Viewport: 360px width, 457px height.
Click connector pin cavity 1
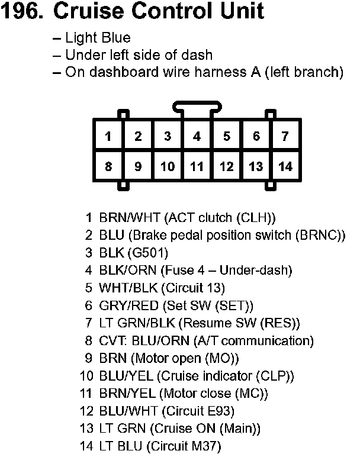pos(108,137)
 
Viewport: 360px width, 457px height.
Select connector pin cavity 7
pos(285,137)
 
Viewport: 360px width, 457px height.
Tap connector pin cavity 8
pos(108,166)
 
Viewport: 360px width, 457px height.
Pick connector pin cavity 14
pos(285,166)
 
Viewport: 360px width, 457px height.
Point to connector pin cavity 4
pos(197,137)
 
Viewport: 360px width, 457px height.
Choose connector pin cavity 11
pos(197,166)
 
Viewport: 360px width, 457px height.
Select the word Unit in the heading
pos(242,11)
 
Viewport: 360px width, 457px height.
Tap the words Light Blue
pos(98,38)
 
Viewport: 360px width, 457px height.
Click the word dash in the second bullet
pos(197,55)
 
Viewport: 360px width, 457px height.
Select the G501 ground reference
pos(148,253)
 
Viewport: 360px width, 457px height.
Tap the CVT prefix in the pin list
pos(112,341)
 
